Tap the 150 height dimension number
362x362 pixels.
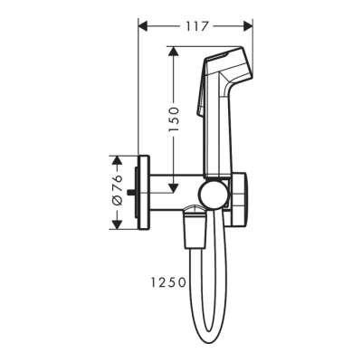(x=176, y=117)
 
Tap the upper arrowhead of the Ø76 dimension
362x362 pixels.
(x=115, y=160)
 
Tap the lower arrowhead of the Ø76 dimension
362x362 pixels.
(x=115, y=225)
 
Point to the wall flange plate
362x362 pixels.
(x=140, y=193)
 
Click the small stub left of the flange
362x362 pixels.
(x=130, y=193)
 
